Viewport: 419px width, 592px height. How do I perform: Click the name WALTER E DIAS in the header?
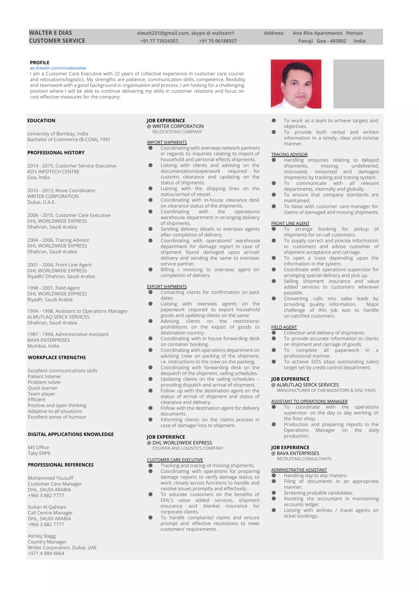point(50,33)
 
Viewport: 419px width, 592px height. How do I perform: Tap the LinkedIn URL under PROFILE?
point(58,68)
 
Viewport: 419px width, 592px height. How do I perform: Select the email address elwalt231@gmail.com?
point(163,33)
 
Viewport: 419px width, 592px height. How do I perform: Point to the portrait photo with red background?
point(296,84)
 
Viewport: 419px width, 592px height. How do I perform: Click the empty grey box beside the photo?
point(358,84)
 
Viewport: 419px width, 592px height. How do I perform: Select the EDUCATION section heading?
point(41,120)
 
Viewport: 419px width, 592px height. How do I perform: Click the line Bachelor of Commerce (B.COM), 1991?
point(69,139)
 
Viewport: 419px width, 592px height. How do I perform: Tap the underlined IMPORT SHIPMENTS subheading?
point(167,142)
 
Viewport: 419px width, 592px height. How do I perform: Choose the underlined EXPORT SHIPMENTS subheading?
point(167,286)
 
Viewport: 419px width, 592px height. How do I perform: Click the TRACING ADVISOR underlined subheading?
point(289,154)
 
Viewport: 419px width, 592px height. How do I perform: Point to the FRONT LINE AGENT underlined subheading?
point(290,223)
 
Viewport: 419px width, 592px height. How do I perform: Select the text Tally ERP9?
point(39,453)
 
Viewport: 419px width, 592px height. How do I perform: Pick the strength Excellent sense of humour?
point(57,417)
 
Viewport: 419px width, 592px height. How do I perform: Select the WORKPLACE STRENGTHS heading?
point(57,357)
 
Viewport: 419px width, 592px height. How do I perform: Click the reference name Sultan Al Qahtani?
point(47,507)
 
